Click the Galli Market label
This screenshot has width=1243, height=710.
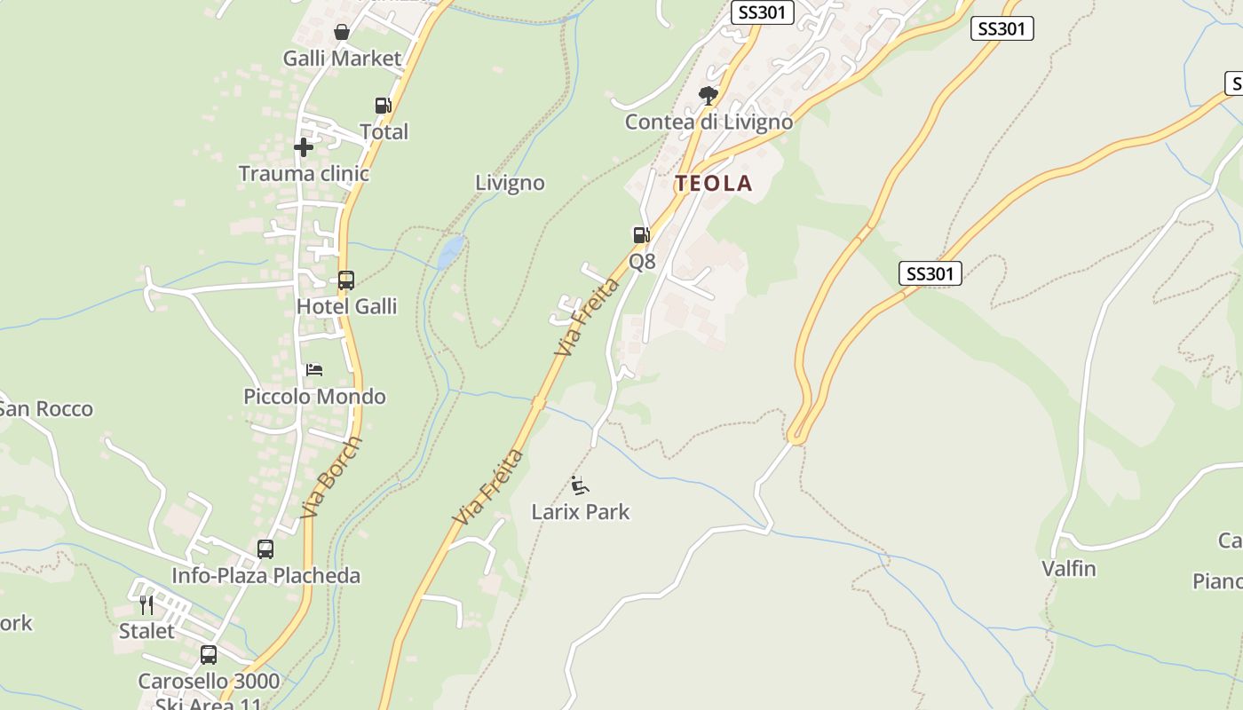coord(342,59)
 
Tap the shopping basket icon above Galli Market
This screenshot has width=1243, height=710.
coord(342,32)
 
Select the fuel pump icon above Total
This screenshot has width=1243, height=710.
coord(383,106)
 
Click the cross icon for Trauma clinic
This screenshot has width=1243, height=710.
coord(304,146)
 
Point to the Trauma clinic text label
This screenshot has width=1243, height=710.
coord(304,173)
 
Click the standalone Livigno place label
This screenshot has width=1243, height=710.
coord(510,183)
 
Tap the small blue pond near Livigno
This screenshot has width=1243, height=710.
coord(450,252)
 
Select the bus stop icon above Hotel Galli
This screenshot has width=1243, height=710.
coord(345,280)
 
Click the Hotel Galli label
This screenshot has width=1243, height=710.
coord(346,306)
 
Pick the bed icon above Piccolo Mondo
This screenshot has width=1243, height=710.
coord(314,369)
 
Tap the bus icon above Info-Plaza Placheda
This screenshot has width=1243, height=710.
coord(265,549)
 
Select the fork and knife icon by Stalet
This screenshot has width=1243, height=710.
coord(146,605)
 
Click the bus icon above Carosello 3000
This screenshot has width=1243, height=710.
coord(209,655)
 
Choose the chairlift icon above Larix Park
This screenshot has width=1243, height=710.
coord(581,485)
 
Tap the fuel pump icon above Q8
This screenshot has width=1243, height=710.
coord(641,235)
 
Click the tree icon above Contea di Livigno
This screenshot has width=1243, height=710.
coord(708,95)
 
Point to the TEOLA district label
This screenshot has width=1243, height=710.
coord(713,184)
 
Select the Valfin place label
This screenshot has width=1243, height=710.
coord(1069,568)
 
